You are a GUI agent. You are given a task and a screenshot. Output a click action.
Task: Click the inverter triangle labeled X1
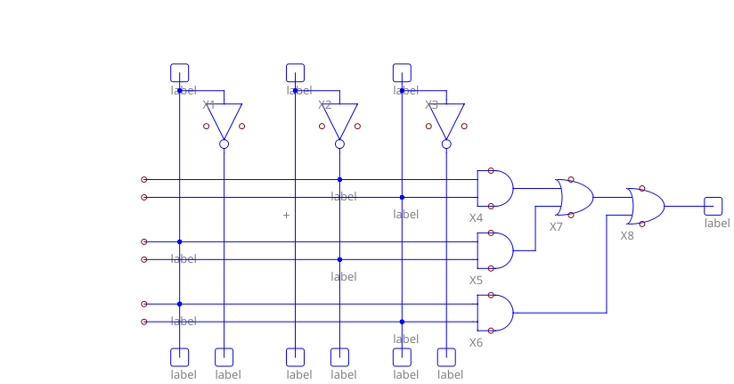point(224,119)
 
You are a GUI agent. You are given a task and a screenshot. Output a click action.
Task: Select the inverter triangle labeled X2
point(339,119)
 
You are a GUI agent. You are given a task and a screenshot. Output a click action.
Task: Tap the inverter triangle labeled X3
point(446,119)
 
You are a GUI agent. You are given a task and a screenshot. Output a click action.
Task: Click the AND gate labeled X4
point(495,188)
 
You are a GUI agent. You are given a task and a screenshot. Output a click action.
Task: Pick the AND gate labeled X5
point(495,250)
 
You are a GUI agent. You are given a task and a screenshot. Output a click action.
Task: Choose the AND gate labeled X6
point(495,313)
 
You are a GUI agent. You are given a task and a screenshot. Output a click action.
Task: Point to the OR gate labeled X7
point(575,197)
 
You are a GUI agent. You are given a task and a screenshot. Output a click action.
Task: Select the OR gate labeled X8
point(645,206)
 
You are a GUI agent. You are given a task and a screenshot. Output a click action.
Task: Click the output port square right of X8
point(712,206)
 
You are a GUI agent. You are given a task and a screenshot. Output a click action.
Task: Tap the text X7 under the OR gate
point(556,227)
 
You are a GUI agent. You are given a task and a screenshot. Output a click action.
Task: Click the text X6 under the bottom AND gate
point(476,343)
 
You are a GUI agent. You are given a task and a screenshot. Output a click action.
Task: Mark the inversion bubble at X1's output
point(224,143)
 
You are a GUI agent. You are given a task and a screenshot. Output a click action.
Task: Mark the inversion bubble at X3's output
point(446,143)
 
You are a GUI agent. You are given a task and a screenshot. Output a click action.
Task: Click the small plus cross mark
point(286,215)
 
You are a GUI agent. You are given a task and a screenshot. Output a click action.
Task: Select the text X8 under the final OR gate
point(627,236)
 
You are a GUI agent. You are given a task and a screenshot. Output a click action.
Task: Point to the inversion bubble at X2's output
point(339,143)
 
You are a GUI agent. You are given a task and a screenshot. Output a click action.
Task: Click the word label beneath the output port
point(717,223)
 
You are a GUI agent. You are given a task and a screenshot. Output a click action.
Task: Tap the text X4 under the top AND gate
point(476,218)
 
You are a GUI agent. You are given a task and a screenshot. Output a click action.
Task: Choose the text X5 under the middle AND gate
point(476,281)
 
